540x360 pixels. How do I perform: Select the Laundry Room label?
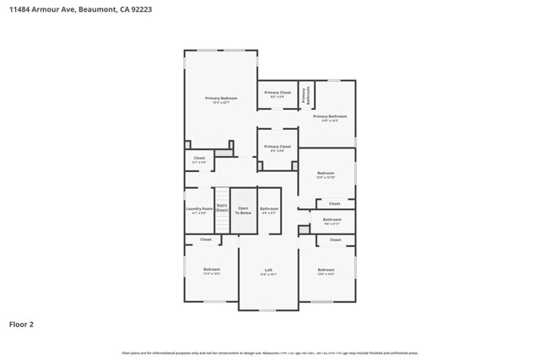[x=199, y=210]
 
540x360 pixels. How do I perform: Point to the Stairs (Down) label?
[x=222, y=207]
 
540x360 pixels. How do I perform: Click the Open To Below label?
[x=244, y=210]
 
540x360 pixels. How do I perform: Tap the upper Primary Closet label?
[x=278, y=94]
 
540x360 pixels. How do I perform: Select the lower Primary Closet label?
[x=278, y=148]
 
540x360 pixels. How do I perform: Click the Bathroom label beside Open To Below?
[x=269, y=210]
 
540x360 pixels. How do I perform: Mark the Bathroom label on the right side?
[x=332, y=221]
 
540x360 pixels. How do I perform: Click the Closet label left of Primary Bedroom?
[x=199, y=159]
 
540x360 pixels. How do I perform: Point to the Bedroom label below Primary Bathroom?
[x=326, y=175]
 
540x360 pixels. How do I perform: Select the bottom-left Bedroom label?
[x=211, y=271]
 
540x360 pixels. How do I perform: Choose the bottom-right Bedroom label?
[x=326, y=271]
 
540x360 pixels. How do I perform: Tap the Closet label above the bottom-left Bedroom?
[x=206, y=239]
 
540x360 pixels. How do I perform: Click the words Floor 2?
[x=22, y=324]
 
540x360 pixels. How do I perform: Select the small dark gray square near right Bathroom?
[x=304, y=229]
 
